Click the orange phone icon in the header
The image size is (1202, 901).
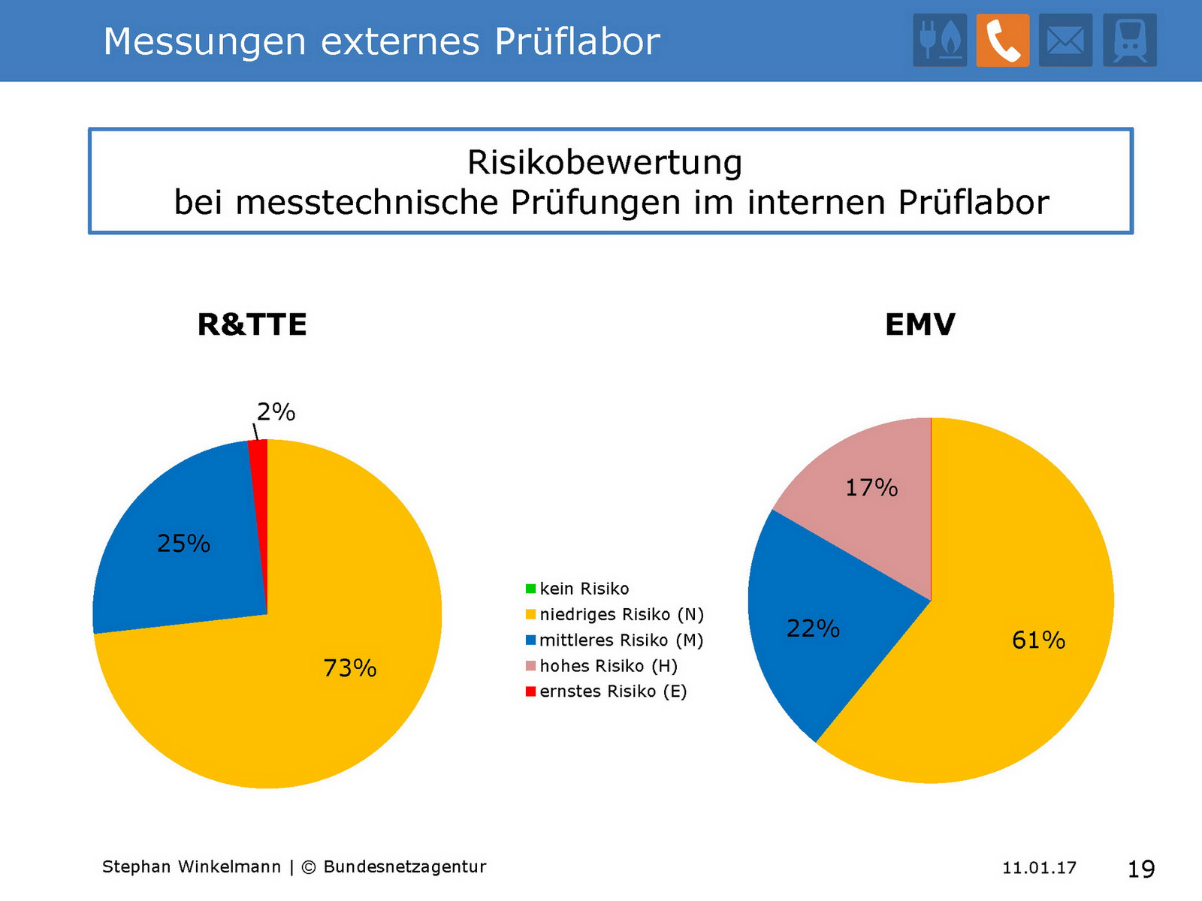pos(1002,41)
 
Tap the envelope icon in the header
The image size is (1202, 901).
pos(1065,41)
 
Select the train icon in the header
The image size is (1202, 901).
pos(1129,41)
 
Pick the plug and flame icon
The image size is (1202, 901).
pos(940,41)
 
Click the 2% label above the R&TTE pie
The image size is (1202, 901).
pos(276,411)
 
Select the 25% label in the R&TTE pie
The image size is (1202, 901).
pos(183,543)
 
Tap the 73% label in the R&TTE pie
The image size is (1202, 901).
pos(349,667)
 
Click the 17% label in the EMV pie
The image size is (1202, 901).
pos(871,488)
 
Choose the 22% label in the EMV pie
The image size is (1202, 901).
pos(813,628)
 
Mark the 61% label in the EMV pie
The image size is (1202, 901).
pos(1038,640)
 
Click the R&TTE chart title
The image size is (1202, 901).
pos(252,324)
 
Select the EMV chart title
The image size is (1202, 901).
pos(920,324)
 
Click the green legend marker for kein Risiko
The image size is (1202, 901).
pos(530,589)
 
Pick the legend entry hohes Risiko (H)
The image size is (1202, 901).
pos(608,666)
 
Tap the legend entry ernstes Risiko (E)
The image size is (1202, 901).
pos(612,692)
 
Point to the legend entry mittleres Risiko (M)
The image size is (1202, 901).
pos(621,640)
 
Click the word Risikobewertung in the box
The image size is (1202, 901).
pos(605,162)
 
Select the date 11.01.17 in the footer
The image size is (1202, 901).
pos(1039,868)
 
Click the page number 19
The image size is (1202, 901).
pos(1141,869)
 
